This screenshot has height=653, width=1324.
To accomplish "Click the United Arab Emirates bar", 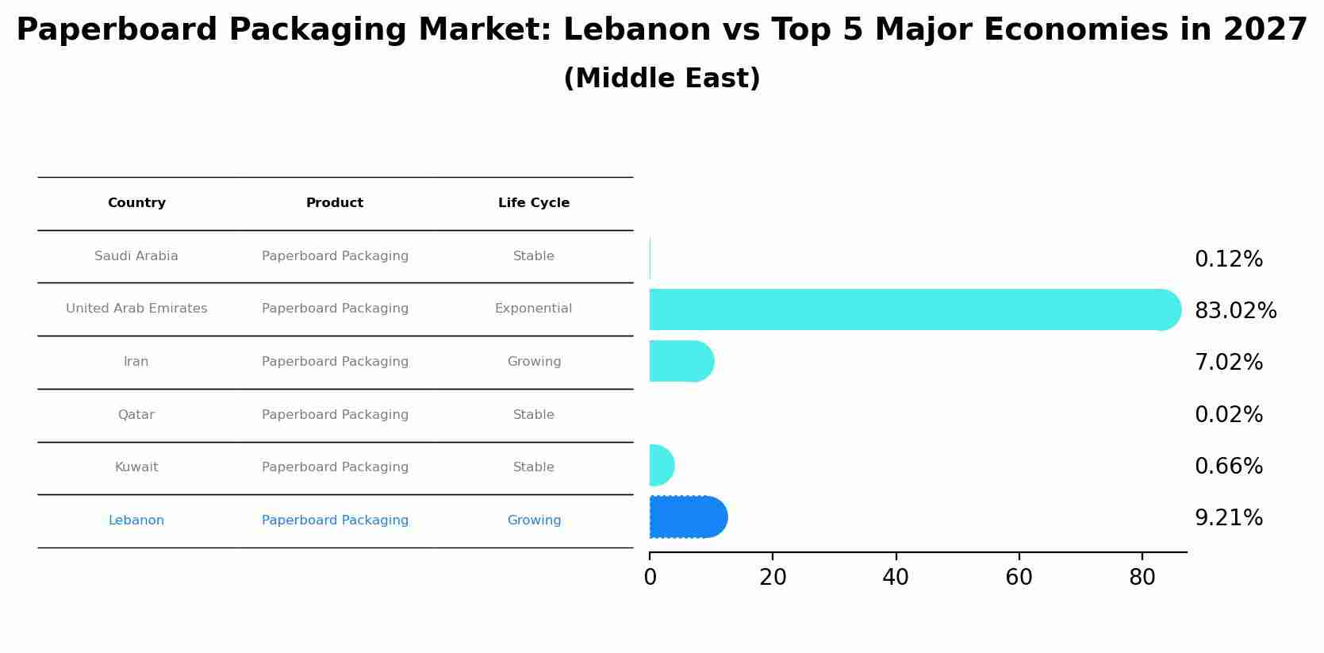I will tap(912, 309).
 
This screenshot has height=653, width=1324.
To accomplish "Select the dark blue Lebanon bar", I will tap(687, 517).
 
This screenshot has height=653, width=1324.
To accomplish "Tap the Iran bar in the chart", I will tap(681, 361).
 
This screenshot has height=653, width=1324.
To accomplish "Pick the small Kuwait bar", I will tap(661, 466).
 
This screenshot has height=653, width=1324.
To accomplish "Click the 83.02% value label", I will tap(1235, 311).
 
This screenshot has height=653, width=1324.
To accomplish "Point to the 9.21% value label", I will tap(1228, 518).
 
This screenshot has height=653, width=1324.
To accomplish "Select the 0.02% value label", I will tap(1228, 415).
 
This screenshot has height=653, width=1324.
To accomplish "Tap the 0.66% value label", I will tap(1228, 467).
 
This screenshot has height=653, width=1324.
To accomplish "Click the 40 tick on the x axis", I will tap(896, 578).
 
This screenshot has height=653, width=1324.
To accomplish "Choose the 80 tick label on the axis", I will tap(1142, 578).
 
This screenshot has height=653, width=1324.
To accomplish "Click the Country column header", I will tap(136, 203).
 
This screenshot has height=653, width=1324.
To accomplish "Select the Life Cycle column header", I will tap(534, 203).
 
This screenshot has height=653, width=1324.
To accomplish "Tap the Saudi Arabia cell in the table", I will tap(136, 256).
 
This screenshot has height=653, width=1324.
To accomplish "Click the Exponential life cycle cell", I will tap(533, 309).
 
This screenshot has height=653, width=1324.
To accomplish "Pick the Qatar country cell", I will tap(136, 415).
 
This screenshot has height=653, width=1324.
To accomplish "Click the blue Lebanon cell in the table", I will tap(136, 520).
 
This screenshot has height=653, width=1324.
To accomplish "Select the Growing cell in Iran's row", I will tap(534, 362).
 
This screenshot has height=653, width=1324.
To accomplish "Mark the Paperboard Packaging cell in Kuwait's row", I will tap(335, 467).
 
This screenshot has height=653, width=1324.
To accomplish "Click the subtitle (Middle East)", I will tap(662, 79).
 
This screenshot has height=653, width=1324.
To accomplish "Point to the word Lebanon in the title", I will tap(637, 30).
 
